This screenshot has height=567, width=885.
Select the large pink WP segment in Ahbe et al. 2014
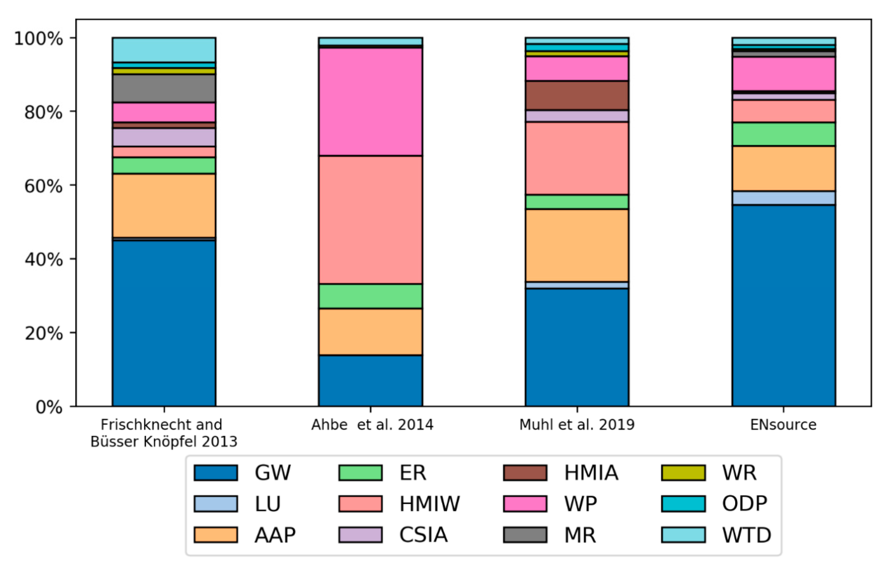tap(370, 102)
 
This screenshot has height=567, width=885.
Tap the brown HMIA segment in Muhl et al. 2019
tap(577, 95)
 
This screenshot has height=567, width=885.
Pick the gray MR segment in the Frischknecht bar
tap(164, 88)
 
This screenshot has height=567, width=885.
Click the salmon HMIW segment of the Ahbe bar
tap(370, 220)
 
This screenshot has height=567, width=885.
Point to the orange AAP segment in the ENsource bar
tap(783, 169)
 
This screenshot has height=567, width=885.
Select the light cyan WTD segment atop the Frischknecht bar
tap(164, 50)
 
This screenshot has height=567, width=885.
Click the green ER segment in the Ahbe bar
tap(370, 296)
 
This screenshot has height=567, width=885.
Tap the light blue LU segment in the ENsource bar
tap(783, 198)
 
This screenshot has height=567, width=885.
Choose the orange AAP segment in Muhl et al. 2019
tap(577, 246)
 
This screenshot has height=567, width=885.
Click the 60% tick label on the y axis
tap(43, 186)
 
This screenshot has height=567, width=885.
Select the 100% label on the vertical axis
tap(38, 38)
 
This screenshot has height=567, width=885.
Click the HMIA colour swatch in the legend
tap(525, 473)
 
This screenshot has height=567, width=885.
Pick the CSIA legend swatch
tap(360, 535)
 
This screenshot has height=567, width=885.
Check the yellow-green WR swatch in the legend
tap(683, 473)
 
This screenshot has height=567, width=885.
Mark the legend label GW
tap(273, 473)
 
